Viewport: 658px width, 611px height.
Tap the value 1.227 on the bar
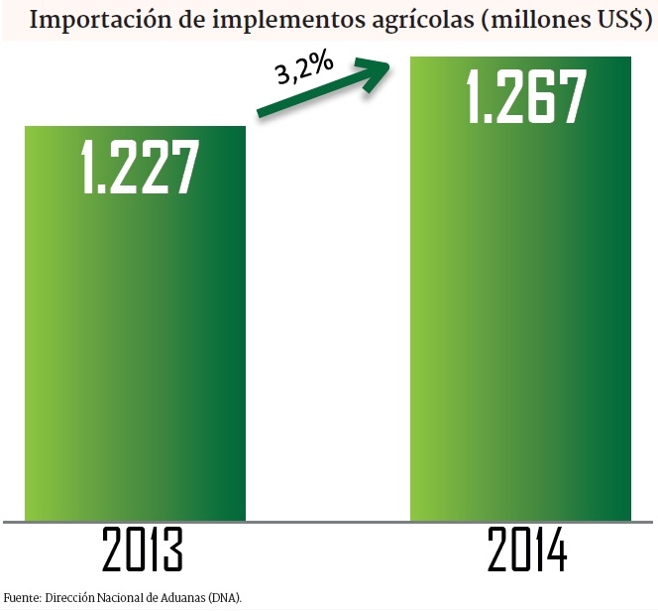coord(135,166)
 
